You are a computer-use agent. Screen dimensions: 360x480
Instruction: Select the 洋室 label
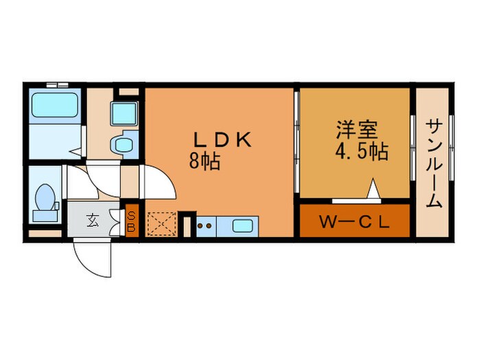(357, 128)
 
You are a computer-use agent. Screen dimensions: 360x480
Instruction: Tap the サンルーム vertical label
(433, 163)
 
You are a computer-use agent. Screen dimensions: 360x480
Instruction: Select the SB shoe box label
(132, 221)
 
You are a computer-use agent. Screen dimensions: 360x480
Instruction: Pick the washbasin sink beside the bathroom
(123, 145)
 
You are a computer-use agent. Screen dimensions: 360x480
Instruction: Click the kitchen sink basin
(241, 225)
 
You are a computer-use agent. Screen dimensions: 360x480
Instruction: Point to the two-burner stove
(205, 224)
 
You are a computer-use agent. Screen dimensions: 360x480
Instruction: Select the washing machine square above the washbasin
(123, 112)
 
